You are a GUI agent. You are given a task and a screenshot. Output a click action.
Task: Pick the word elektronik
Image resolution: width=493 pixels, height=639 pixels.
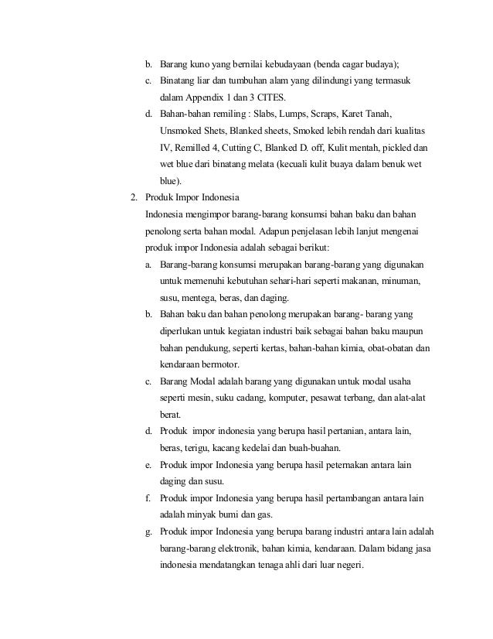pyautogui.click(x=237, y=548)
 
